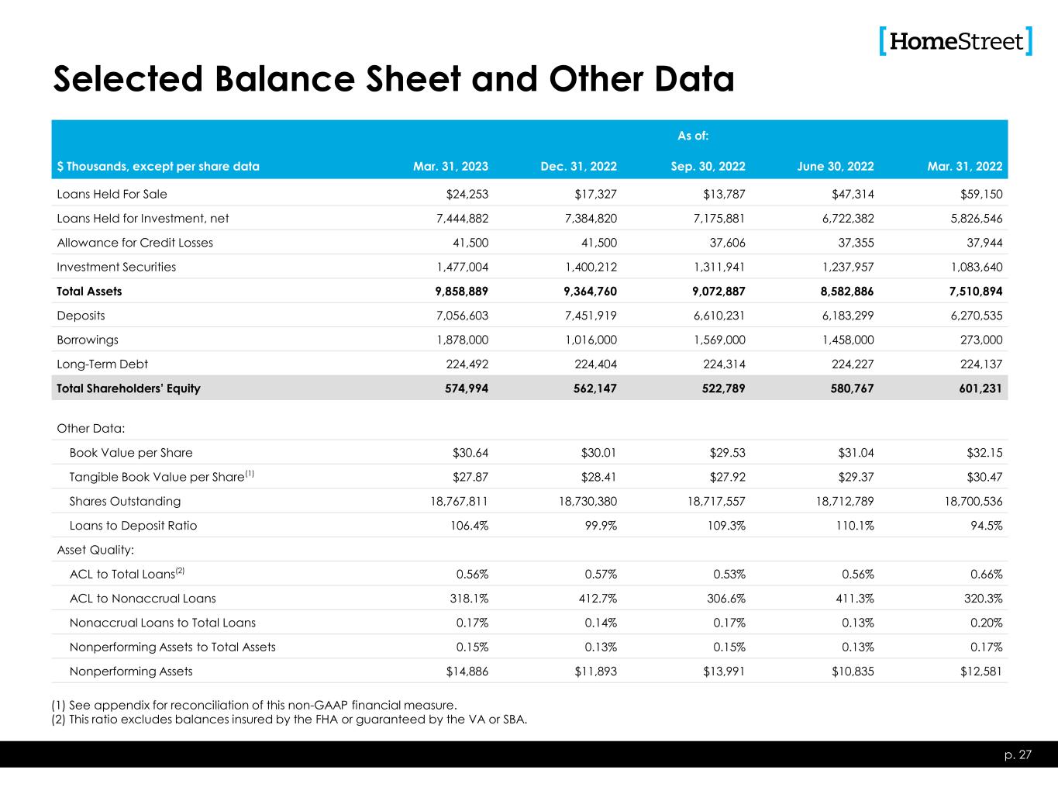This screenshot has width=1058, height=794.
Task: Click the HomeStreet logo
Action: (x=956, y=41)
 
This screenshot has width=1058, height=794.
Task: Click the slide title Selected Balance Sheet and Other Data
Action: (x=393, y=79)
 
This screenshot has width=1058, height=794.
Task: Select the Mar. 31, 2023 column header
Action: (x=450, y=167)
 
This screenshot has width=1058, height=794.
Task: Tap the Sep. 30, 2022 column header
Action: (x=708, y=167)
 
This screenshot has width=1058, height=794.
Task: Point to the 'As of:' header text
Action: (x=693, y=136)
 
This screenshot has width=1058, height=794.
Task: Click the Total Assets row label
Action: (x=89, y=292)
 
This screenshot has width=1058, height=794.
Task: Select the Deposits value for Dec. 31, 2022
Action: (x=588, y=316)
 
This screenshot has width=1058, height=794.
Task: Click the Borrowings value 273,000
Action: (x=980, y=340)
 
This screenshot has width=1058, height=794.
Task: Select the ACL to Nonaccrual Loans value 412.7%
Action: (x=596, y=599)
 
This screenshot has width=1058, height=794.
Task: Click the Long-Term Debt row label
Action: (x=102, y=364)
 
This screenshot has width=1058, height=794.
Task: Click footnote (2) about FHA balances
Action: (x=289, y=719)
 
